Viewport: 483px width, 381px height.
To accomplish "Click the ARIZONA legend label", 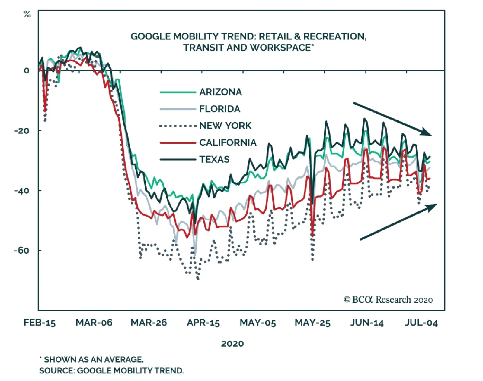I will tap(220, 92).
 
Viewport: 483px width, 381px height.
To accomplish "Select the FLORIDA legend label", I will tap(219, 109).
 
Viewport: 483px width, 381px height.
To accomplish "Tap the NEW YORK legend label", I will tap(225, 126).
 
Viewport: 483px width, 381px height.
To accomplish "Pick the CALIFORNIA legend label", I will tap(228, 142).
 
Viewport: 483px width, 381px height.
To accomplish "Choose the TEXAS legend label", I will tap(214, 159).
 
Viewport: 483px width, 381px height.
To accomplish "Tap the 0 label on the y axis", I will tap(27, 71).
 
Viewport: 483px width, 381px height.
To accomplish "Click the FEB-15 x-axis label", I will tap(40, 323).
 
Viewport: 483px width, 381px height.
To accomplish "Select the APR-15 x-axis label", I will tap(203, 323).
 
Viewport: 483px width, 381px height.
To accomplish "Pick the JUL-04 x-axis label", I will tap(421, 323).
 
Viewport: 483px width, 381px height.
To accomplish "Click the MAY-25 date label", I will tap(312, 323).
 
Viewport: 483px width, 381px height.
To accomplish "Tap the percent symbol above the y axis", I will tap(27, 14).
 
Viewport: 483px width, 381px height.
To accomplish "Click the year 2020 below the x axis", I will tap(232, 344).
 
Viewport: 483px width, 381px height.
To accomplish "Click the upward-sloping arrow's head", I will tap(432, 206).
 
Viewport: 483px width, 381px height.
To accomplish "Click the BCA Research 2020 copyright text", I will tap(388, 300).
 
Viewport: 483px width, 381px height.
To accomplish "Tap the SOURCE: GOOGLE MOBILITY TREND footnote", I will tap(111, 370).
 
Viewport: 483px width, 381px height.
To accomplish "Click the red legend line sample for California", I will tap(178, 142).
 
